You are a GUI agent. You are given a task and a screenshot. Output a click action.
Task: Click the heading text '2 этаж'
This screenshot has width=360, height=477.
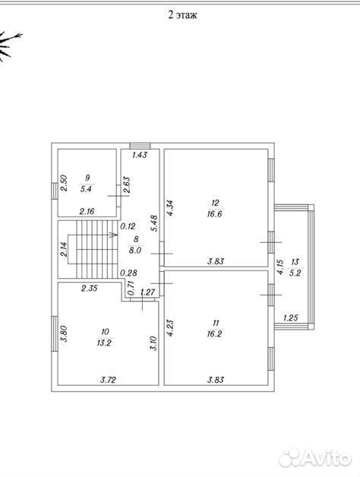tap(182, 14)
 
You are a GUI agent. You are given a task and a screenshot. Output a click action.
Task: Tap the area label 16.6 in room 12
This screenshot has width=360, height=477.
tap(214, 214)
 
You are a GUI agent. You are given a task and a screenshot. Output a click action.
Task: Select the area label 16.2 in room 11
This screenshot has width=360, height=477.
tap(214, 333)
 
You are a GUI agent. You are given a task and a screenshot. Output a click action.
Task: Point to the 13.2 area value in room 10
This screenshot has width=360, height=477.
tap(104, 343)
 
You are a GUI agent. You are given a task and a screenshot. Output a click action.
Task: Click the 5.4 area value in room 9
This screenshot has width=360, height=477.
tap(86, 189)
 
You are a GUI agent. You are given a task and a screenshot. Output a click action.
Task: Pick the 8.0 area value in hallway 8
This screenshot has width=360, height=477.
tap(135, 251)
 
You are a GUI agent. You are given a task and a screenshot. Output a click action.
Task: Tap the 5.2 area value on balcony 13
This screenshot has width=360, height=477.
tap(295, 273)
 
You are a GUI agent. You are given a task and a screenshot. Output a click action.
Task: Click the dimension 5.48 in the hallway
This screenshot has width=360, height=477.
tap(155, 223)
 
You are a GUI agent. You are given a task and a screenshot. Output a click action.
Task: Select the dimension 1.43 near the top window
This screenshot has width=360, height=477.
tap(140, 155)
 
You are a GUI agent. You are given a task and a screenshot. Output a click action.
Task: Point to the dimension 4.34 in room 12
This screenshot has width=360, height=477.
tap(170, 208)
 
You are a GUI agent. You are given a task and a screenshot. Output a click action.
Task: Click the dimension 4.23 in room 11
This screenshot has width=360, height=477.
tap(170, 327)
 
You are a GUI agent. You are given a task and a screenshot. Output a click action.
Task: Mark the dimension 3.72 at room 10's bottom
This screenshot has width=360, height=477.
tap(109, 380)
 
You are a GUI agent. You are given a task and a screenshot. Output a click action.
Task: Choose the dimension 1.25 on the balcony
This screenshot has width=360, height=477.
tap(290, 318)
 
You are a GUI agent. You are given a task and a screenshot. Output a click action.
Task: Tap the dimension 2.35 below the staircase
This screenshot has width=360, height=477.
tap(90, 288)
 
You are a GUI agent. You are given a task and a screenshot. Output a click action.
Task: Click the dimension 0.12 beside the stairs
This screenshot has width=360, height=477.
tap(128, 226)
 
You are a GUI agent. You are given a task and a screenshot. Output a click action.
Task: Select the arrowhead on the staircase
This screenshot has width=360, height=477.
tap(115, 235)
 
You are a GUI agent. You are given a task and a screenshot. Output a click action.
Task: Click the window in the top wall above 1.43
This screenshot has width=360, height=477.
tap(140, 146)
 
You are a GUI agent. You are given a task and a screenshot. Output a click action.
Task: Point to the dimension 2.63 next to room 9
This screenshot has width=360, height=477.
tap(127, 185)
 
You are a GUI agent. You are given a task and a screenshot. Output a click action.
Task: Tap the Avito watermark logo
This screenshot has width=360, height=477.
tap(315, 456)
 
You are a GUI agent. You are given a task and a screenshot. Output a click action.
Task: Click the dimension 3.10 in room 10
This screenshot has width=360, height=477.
tap(154, 343)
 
